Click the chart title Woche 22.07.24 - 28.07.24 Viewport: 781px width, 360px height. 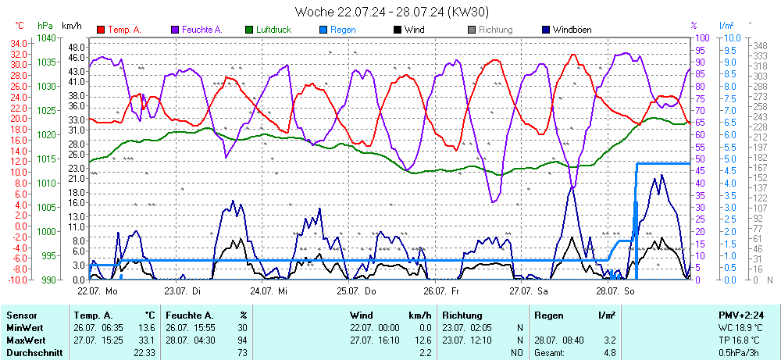pos(392,12)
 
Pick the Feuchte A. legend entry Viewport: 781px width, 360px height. pos(201,30)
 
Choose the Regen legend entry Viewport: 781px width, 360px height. pos(343,30)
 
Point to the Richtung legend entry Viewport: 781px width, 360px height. pos(495,30)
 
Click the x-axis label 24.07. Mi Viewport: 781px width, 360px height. pos(269,290)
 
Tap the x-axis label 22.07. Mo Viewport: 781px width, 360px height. pos(97,290)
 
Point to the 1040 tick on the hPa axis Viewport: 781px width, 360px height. pos(46,38)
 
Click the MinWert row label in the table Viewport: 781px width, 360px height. pos(24,328)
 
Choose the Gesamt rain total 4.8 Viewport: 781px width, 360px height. pos(609,353)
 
